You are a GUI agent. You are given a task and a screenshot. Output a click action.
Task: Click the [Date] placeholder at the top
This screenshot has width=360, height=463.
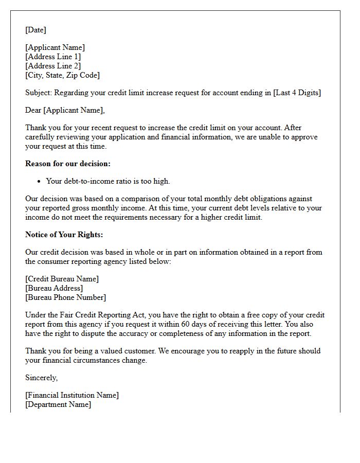pos(35,30)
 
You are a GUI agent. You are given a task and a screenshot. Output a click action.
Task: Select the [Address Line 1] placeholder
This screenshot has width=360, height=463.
pos(53,57)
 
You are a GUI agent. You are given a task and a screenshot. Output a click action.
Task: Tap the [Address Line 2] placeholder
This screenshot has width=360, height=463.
pos(53,66)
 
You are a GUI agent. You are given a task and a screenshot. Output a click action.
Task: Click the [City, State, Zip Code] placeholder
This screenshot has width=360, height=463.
pos(62,75)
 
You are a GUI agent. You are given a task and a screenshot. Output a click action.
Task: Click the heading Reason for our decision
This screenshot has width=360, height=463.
pos(68,164)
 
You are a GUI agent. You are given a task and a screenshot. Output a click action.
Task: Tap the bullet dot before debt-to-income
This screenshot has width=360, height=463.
pos(40,181)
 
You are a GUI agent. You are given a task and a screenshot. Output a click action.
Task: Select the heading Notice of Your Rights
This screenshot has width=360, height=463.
pos(64,235)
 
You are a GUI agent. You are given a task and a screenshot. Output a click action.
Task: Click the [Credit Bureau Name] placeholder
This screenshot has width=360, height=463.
pos(62,279)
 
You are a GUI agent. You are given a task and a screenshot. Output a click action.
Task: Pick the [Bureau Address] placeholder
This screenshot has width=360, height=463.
pos(54,288)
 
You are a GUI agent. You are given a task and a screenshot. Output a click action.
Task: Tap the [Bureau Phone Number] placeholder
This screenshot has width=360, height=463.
pos(66,297)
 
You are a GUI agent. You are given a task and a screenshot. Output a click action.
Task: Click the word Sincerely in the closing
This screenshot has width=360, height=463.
pos(42,378)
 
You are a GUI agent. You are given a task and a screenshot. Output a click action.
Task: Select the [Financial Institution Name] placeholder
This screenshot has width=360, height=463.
pos(72,395)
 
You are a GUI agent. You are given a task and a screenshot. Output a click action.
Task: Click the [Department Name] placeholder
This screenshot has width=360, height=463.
pos(58,404)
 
